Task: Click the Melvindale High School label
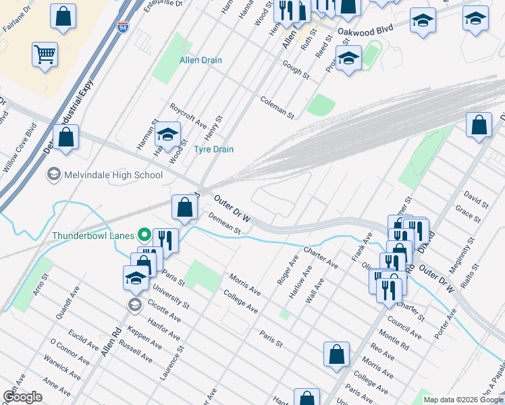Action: coord(113,175)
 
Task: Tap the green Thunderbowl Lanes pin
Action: coord(143,236)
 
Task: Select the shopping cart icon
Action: coord(45,54)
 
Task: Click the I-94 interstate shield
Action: coord(122,27)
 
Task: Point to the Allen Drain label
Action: coord(201,60)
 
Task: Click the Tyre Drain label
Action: coord(213,149)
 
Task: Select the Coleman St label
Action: coord(277,107)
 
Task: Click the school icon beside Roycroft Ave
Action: coord(167,135)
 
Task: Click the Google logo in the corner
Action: coord(22,397)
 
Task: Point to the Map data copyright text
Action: coord(462,400)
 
